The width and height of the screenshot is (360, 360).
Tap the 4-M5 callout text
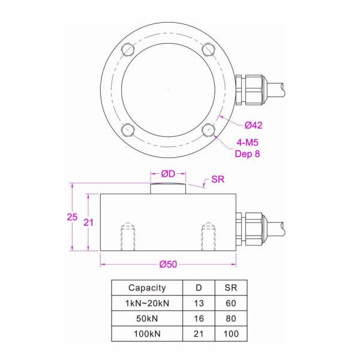tap(247, 143)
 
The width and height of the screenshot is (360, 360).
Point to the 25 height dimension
tap(72, 217)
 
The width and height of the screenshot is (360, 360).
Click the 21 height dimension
tap(88, 222)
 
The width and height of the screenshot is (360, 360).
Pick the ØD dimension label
tap(168, 173)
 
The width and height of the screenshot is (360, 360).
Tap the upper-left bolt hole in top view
tap(127, 49)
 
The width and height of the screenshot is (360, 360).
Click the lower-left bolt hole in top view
tap(127, 130)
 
